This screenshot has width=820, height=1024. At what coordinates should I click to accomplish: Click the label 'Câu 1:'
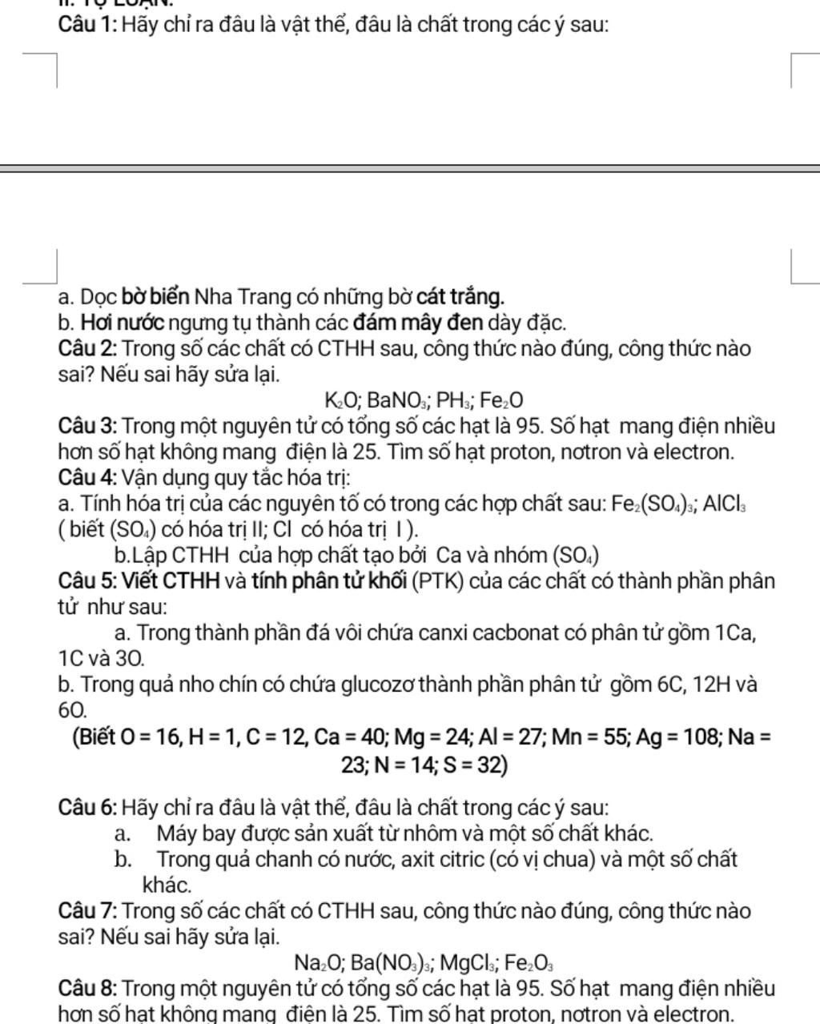point(88,24)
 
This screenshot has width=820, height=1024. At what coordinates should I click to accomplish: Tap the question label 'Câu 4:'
point(88,478)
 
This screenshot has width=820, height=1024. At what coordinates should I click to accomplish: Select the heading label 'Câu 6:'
point(88,807)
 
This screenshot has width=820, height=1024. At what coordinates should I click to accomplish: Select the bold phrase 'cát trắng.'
point(460,297)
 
